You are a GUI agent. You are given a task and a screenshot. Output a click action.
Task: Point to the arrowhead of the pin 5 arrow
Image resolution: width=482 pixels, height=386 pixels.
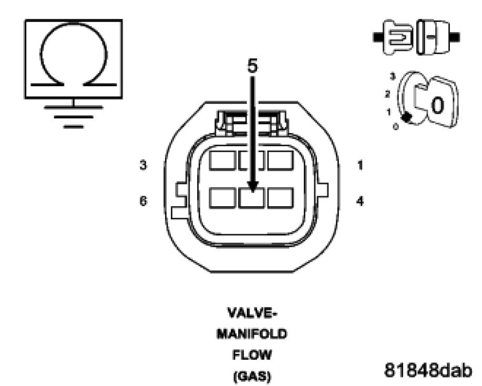253,186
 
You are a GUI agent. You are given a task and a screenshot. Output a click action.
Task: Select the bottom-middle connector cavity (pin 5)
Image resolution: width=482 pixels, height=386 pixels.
252,198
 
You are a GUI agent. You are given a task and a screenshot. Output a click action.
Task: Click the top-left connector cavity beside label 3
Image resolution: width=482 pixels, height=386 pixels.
222,161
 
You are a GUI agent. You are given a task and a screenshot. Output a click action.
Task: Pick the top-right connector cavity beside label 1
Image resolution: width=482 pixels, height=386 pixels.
280,161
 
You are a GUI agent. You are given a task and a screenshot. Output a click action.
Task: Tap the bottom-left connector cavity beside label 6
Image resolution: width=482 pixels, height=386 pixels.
222,198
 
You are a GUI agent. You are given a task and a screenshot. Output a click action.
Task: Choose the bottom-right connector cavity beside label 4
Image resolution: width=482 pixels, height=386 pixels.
280,198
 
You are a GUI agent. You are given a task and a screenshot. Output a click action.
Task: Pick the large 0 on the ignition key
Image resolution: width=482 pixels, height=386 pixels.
436,106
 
